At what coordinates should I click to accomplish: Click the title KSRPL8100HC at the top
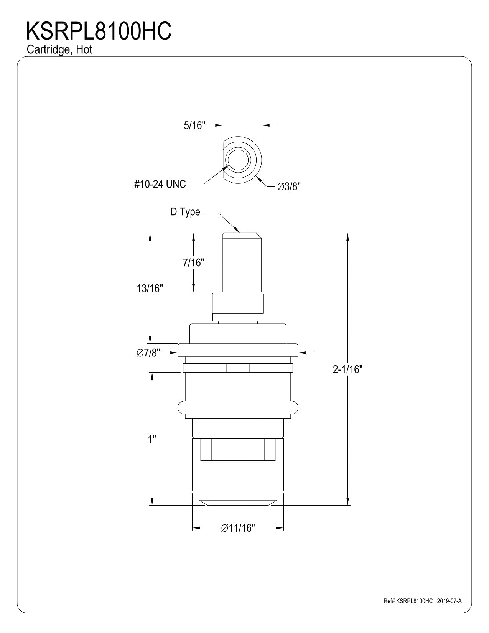pos(99,31)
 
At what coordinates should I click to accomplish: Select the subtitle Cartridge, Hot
pos(59,49)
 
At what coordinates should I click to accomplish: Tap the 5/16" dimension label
pos(194,125)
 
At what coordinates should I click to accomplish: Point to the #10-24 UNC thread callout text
pos(160,184)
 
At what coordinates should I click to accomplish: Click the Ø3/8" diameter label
pos(289,186)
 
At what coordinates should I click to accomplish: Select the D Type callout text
pos(185,212)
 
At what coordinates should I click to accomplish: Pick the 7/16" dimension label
pos(193,263)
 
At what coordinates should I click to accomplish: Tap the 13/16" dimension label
pos(150,288)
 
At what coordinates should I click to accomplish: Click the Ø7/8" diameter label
pos(148,353)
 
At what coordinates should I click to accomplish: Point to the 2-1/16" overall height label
pos(348,369)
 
